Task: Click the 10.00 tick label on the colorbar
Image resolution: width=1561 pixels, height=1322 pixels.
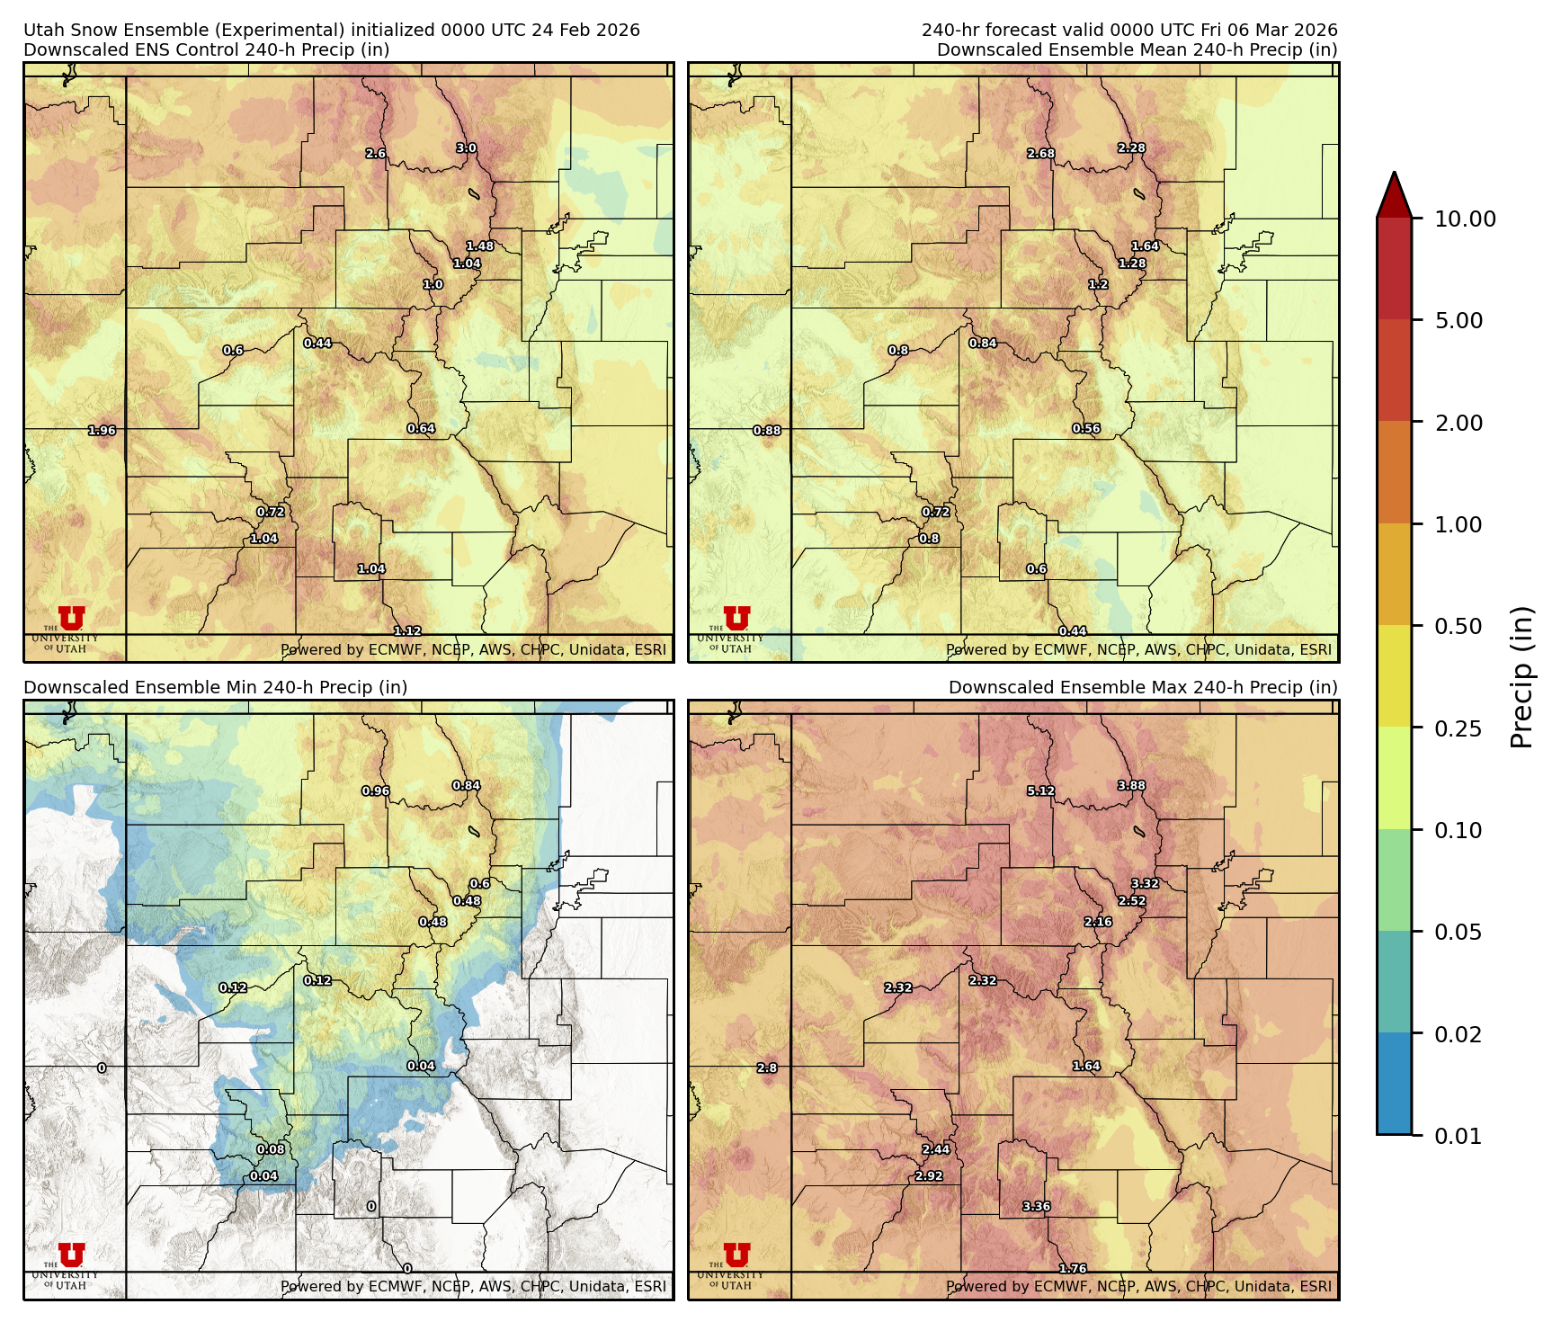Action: (1465, 219)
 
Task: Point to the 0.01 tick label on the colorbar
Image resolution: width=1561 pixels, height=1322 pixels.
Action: (1458, 1136)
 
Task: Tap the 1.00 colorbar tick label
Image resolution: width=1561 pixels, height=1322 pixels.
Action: (1458, 524)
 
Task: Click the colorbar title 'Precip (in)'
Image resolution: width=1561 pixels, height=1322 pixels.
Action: (1521, 676)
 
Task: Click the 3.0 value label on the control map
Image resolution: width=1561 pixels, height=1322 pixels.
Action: (466, 148)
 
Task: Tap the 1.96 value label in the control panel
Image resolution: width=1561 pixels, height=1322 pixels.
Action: (102, 431)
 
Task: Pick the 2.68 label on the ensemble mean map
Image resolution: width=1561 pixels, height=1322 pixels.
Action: (1040, 154)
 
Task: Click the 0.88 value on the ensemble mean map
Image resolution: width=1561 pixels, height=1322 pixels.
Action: (767, 431)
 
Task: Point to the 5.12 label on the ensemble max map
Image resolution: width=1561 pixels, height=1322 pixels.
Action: (1040, 791)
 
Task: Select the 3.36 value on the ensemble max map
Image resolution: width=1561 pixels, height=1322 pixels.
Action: (1036, 1207)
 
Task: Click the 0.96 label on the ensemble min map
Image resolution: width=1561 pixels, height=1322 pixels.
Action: (375, 791)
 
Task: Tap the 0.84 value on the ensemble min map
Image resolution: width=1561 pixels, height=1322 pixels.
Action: (466, 786)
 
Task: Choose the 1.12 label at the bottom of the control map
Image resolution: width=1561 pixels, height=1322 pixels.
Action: (407, 631)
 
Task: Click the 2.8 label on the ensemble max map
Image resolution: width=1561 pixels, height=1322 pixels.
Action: (767, 1068)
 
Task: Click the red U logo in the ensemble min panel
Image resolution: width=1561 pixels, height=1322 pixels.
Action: (71, 1255)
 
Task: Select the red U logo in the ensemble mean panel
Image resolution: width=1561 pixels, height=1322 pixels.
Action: (736, 618)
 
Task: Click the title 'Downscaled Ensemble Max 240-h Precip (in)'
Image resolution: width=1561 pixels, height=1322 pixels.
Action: (1143, 687)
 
